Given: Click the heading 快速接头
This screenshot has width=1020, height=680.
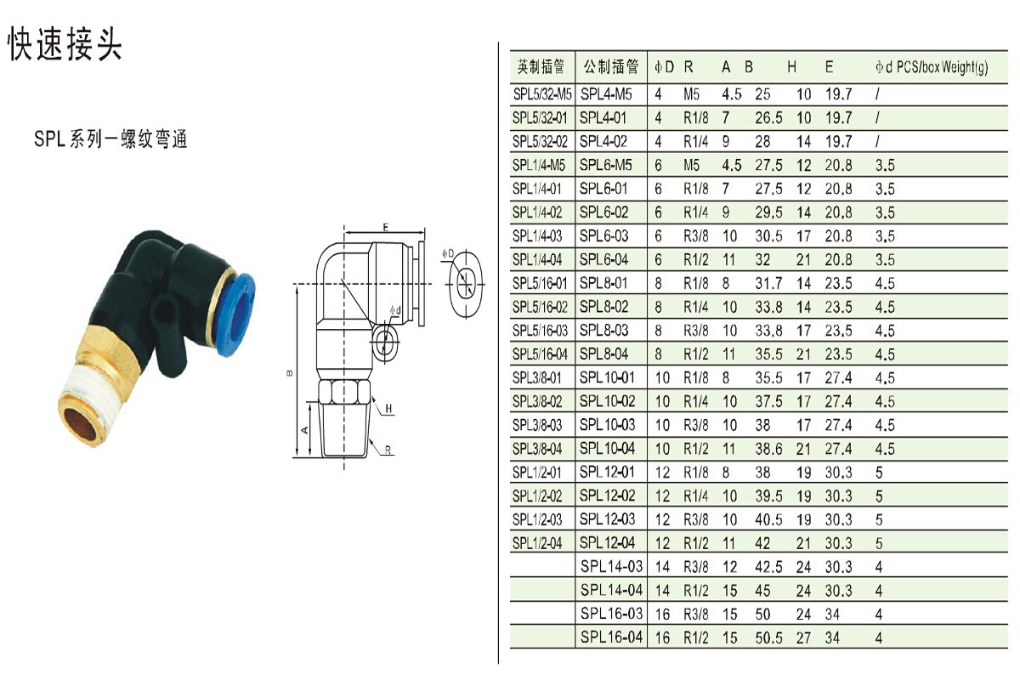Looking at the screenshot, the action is pos(65,44).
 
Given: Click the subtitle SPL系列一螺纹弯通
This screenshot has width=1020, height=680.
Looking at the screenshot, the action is pos(110,139).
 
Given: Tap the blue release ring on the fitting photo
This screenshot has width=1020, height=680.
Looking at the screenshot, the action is pos(239,314).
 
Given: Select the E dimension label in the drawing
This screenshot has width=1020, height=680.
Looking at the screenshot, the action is pos(386,227).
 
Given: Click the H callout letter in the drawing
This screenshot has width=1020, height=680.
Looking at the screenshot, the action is pos(388,409).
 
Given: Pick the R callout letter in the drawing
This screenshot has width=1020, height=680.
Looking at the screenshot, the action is pos(388,450).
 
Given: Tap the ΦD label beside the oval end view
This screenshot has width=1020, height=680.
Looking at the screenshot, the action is pos(448,253).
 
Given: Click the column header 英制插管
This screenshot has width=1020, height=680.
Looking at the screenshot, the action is pos(541,67).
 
